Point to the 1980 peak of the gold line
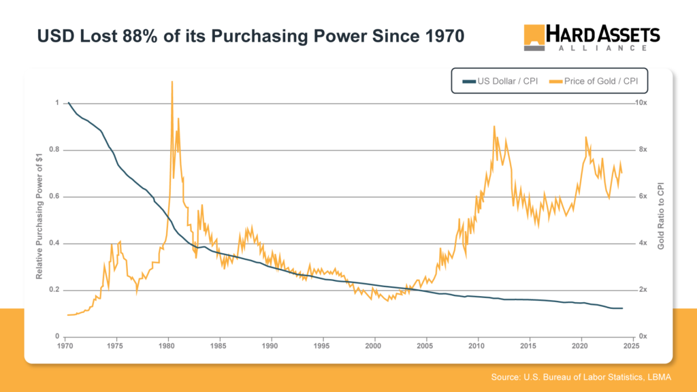pyautogui.click(x=172, y=82)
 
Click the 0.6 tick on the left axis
pyautogui.click(x=55, y=197)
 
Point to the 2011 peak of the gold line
pyautogui.click(x=493, y=126)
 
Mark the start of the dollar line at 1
pyautogui.click(x=68, y=103)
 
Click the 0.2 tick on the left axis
pyautogui.click(x=55, y=290)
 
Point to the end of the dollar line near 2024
pyautogui.click(x=622, y=308)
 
